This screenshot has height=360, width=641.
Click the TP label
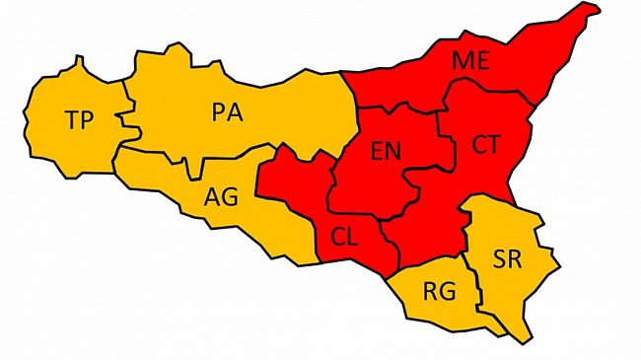click(79, 121)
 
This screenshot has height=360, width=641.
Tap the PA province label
click(228, 111)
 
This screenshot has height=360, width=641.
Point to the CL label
click(344, 238)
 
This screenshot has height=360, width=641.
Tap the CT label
click(485, 144)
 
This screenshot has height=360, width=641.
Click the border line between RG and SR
click(475, 286)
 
